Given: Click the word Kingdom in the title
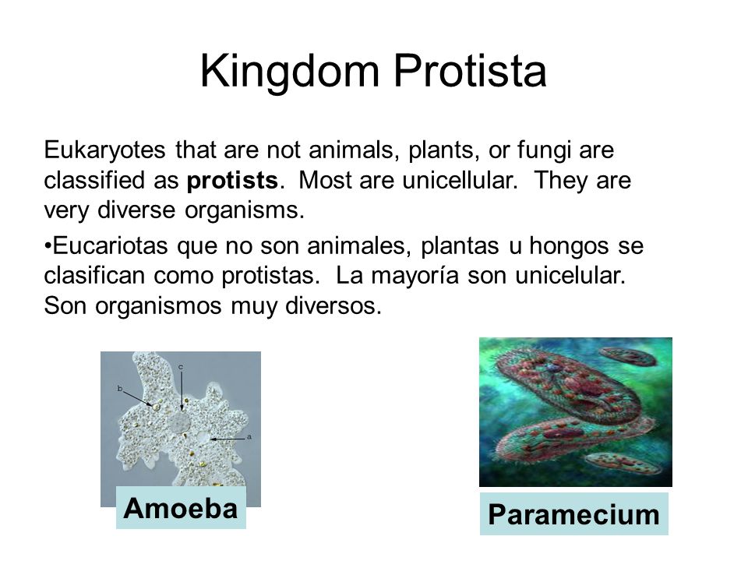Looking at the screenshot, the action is pyautogui.click(x=290, y=72).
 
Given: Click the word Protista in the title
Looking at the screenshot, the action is pyautogui.click(x=470, y=71).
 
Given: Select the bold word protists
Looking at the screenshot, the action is pyautogui.click(x=232, y=180).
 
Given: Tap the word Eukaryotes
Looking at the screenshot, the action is pyautogui.click(x=104, y=150).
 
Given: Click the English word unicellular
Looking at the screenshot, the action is pyautogui.click(x=460, y=180).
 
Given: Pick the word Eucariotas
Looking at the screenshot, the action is pyautogui.click(x=110, y=246).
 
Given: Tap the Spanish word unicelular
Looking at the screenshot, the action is pyautogui.click(x=570, y=276).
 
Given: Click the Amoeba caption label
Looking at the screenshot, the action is pyautogui.click(x=181, y=507).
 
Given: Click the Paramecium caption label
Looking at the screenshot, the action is pyautogui.click(x=574, y=514).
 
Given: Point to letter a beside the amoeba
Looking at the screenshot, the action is pyautogui.click(x=249, y=436).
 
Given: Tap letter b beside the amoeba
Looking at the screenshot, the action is pyautogui.click(x=120, y=389).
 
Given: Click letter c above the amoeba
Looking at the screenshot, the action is pyautogui.click(x=181, y=367).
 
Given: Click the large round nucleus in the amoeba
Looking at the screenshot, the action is pyautogui.click(x=180, y=422).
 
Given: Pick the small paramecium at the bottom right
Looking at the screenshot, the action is pyautogui.click(x=623, y=463).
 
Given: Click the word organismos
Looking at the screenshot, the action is pyautogui.click(x=158, y=306).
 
